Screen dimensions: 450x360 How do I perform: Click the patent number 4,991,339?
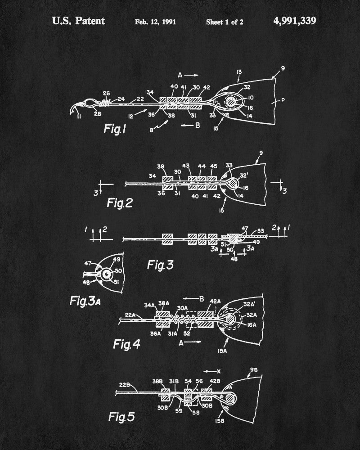coord(294,21)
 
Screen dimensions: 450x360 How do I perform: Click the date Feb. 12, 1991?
coord(155,21)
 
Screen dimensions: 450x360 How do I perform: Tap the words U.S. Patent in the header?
coord(78,21)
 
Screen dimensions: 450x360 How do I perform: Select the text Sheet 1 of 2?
coord(225,21)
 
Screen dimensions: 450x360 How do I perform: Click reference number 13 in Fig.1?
coord(238,72)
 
